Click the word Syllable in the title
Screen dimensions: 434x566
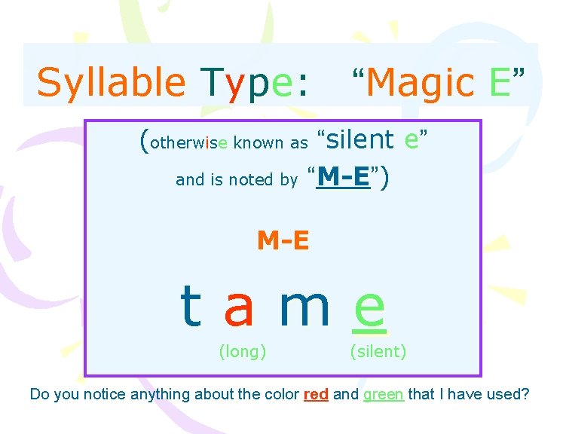point(110,81)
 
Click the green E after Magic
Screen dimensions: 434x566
point(500,81)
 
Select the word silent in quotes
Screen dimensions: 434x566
point(359,139)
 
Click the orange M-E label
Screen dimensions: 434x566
point(283,240)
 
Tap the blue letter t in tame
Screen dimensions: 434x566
point(191,307)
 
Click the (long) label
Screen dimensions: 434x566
point(242,350)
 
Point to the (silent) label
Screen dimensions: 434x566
point(378,350)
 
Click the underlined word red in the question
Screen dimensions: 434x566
point(316,394)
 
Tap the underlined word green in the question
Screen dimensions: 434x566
point(384,394)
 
